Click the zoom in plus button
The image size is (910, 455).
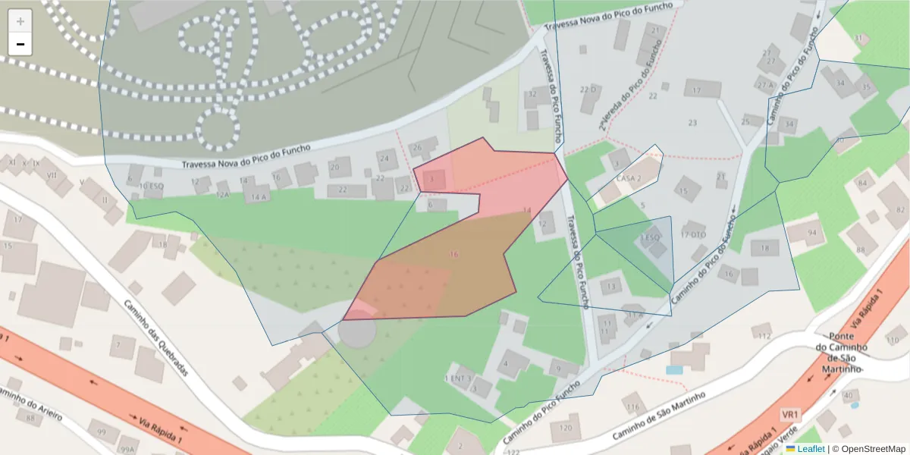(x=20, y=21)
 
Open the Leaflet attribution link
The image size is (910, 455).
(x=811, y=449)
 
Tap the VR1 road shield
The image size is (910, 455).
(x=790, y=416)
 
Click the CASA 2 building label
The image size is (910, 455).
(x=629, y=178)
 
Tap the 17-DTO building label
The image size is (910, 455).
(x=693, y=234)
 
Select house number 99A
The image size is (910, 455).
(x=127, y=446)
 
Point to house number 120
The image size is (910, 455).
(x=566, y=428)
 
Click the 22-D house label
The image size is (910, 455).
(x=589, y=89)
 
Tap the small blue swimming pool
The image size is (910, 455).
(x=674, y=370)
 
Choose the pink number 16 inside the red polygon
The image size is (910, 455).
(x=453, y=254)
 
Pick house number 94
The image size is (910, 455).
(x=812, y=232)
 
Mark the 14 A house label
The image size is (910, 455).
(x=259, y=196)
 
